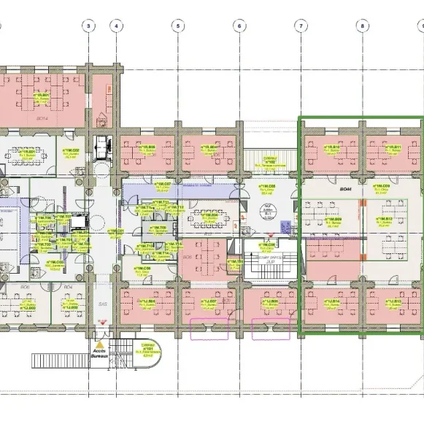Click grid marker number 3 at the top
(88, 26)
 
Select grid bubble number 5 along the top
(177, 26)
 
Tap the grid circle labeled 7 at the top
(301, 26)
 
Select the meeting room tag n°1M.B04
(209, 216)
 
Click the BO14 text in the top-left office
(42, 117)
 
